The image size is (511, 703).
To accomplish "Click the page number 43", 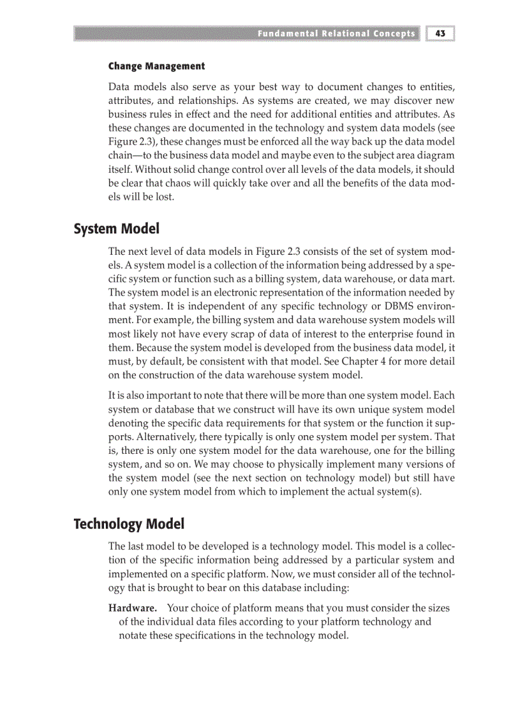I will coord(440,33).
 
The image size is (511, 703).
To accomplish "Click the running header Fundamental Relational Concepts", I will coord(336,33).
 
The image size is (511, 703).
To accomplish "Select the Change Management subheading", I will coord(157,66).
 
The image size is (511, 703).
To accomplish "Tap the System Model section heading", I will coord(116,229).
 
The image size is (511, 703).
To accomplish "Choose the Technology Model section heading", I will coord(129,523).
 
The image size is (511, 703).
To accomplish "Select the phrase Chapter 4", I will coord(395,362).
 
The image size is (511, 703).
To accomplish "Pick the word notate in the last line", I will coord(133,635).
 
